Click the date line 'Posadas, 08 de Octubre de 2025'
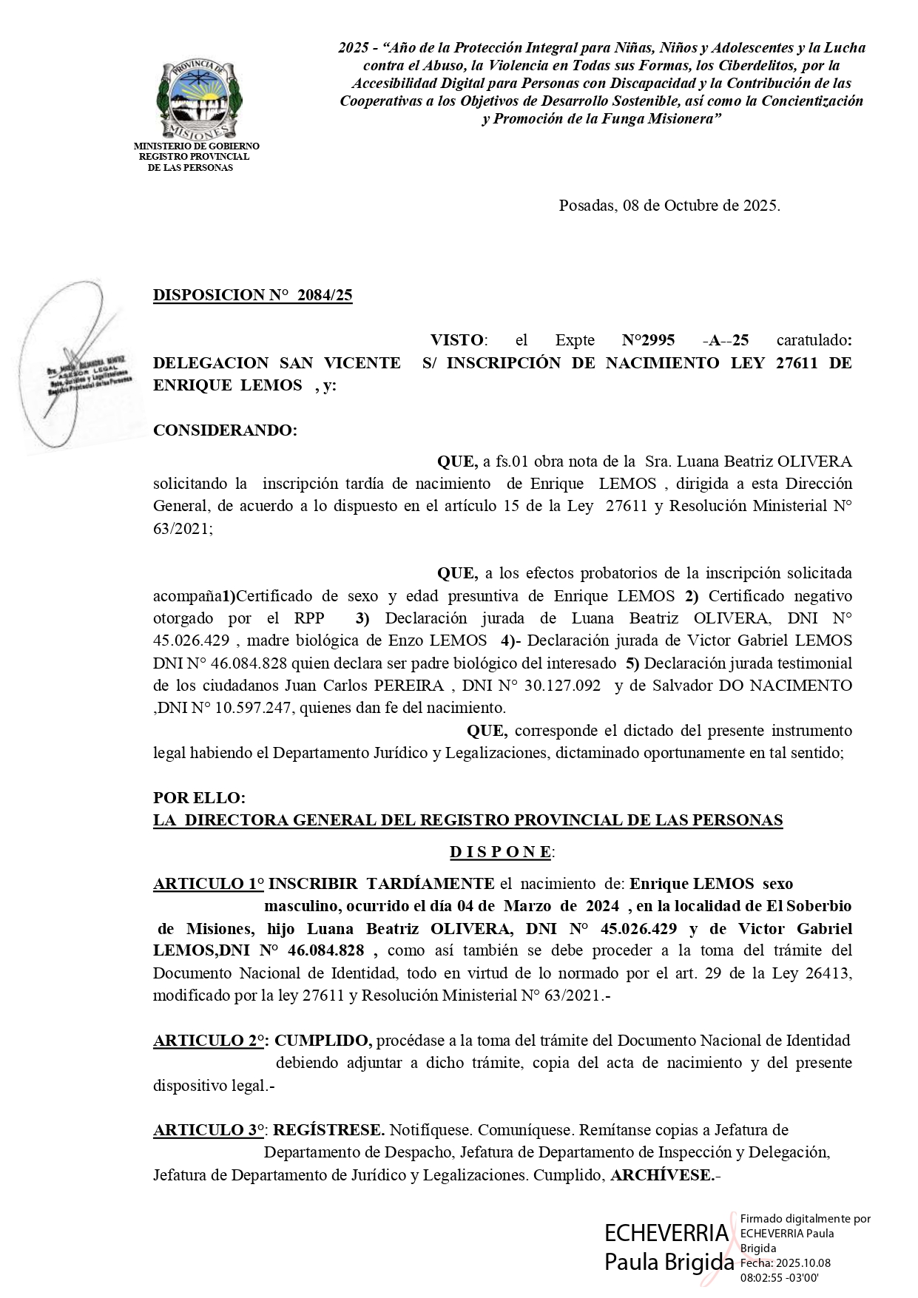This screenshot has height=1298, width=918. pyautogui.click(x=669, y=206)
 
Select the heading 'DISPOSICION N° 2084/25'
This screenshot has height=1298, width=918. pyautogui.click(x=252, y=296)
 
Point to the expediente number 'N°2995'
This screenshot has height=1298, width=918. pyautogui.click(x=648, y=340)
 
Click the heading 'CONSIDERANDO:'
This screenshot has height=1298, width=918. pyautogui.click(x=225, y=430)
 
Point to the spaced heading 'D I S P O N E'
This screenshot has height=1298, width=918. pyautogui.click(x=501, y=852)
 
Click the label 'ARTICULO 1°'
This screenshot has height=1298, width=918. pyautogui.click(x=209, y=884)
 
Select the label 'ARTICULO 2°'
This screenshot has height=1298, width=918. pyautogui.click(x=210, y=1041)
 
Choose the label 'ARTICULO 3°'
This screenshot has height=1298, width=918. pyautogui.click(x=210, y=1130)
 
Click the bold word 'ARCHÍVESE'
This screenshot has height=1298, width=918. pyautogui.click(x=661, y=1175)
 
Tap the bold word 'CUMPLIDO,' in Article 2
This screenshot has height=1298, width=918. pyautogui.click(x=323, y=1041)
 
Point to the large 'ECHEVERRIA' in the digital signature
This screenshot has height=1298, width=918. pyautogui.click(x=666, y=1233)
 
